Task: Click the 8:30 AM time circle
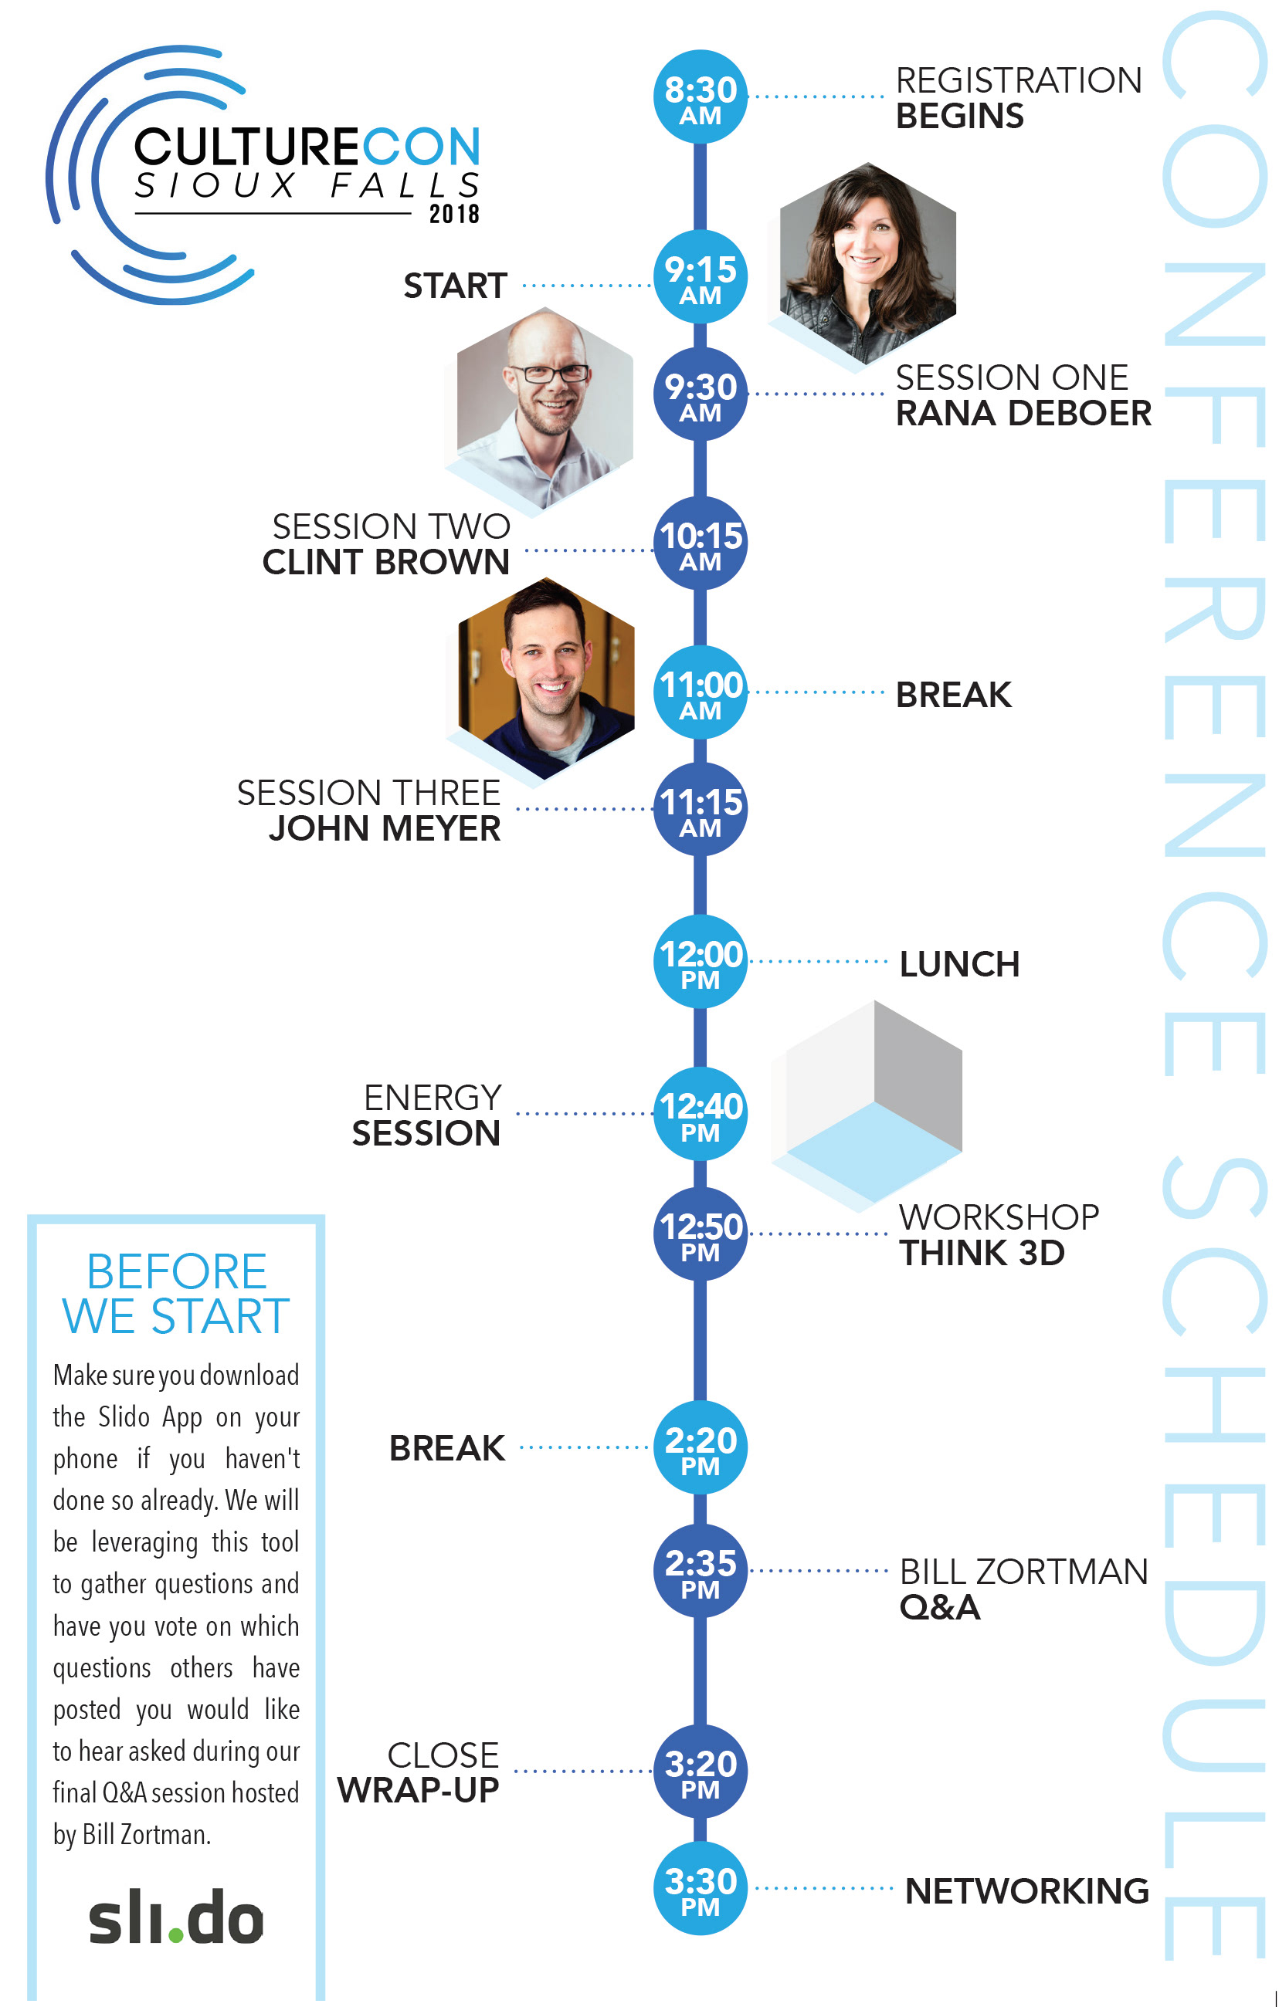click(700, 96)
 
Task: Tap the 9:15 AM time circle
click(700, 276)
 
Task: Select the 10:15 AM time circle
click(700, 543)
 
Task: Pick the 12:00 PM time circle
click(700, 962)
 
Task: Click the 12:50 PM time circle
click(700, 1234)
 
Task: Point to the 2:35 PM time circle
click(700, 1571)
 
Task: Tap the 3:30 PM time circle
click(700, 1890)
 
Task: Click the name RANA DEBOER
click(1023, 415)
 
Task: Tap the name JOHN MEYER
click(385, 829)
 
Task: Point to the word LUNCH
click(958, 964)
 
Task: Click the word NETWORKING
click(1026, 1891)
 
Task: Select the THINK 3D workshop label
click(982, 1254)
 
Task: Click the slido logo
click(176, 1917)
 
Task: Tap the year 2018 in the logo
click(453, 214)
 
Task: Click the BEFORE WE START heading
click(176, 1295)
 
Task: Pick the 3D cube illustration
click(872, 1100)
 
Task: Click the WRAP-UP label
click(418, 1790)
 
